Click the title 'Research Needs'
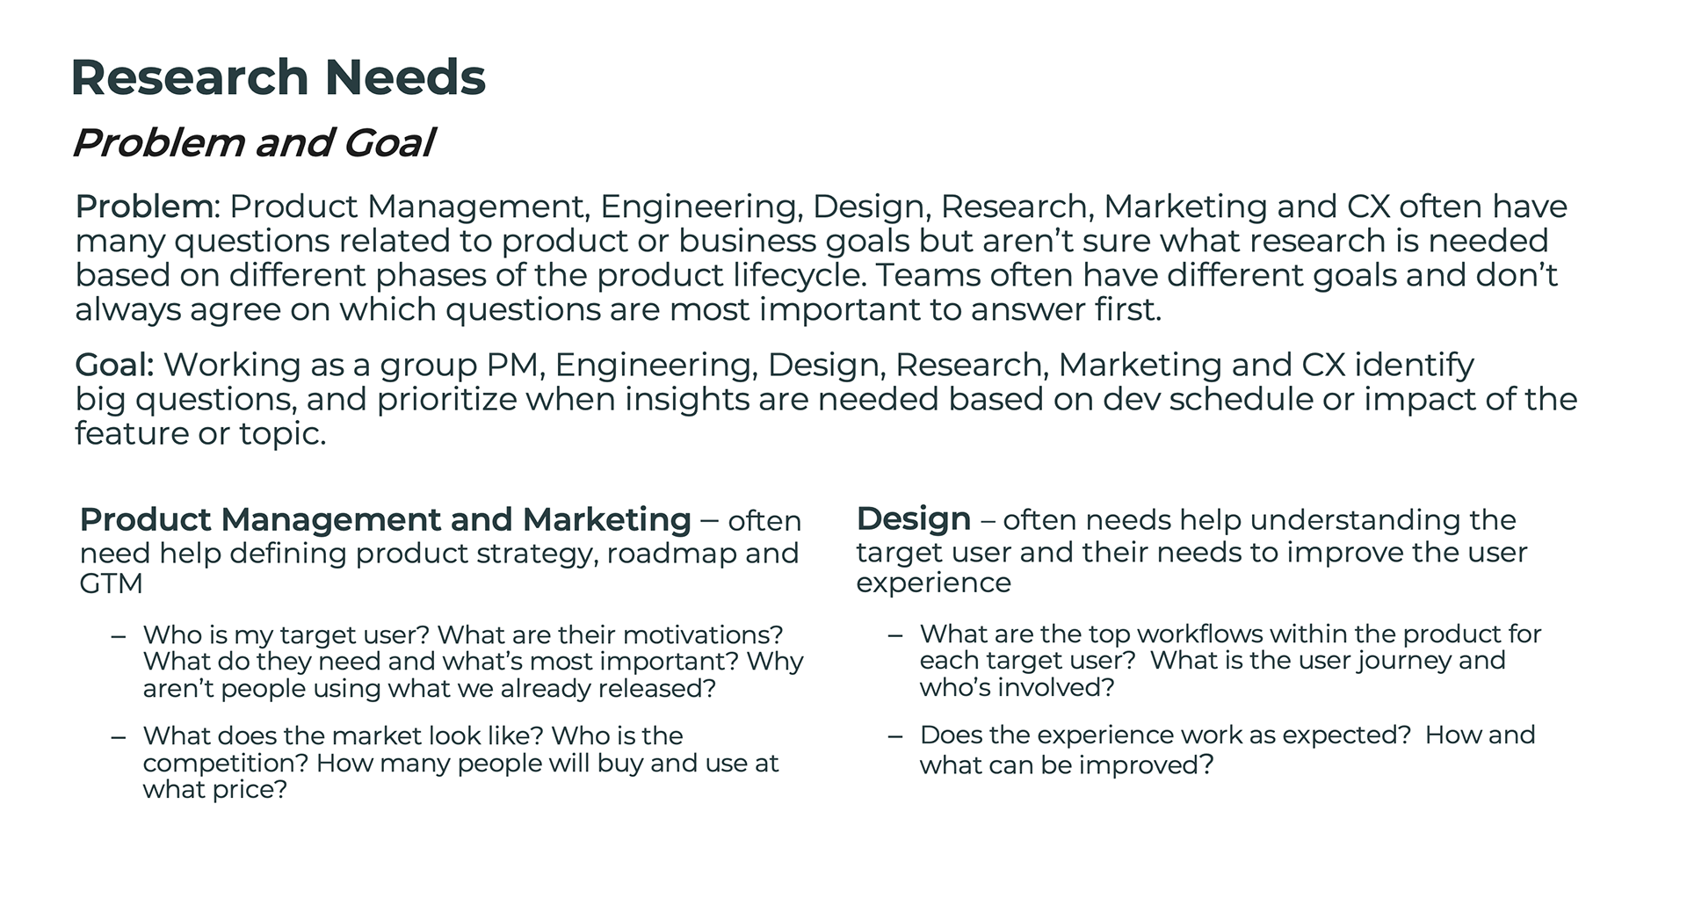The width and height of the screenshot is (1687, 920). pos(278,77)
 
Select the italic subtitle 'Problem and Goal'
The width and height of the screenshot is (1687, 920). pos(253,143)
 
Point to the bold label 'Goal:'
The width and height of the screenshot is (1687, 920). pos(115,365)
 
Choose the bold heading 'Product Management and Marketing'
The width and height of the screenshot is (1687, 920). pos(386,520)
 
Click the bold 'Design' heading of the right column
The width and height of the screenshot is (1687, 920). pos(914,519)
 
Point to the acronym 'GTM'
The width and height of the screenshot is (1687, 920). pos(111,583)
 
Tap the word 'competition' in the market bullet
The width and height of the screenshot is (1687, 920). pos(225,763)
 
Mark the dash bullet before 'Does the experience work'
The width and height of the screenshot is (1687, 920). pos(895,735)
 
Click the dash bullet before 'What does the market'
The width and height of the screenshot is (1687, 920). pos(119,736)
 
